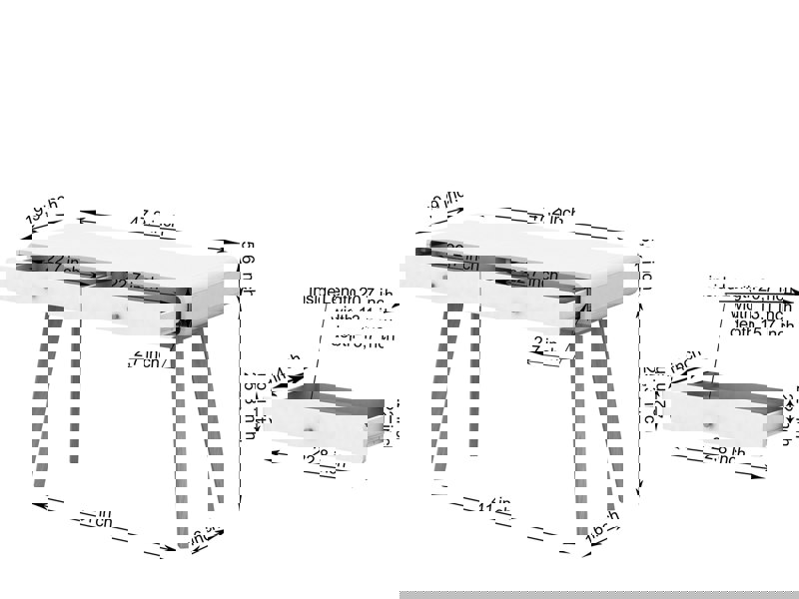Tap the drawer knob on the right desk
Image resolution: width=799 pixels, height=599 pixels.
click(x=515, y=312)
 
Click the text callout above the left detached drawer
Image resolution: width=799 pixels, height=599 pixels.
click(x=350, y=314)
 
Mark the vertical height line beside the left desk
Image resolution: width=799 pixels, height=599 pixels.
click(x=241, y=399)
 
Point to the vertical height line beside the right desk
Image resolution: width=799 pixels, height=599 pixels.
click(x=640, y=399)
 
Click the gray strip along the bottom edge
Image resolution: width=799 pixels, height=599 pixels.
click(x=599, y=594)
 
